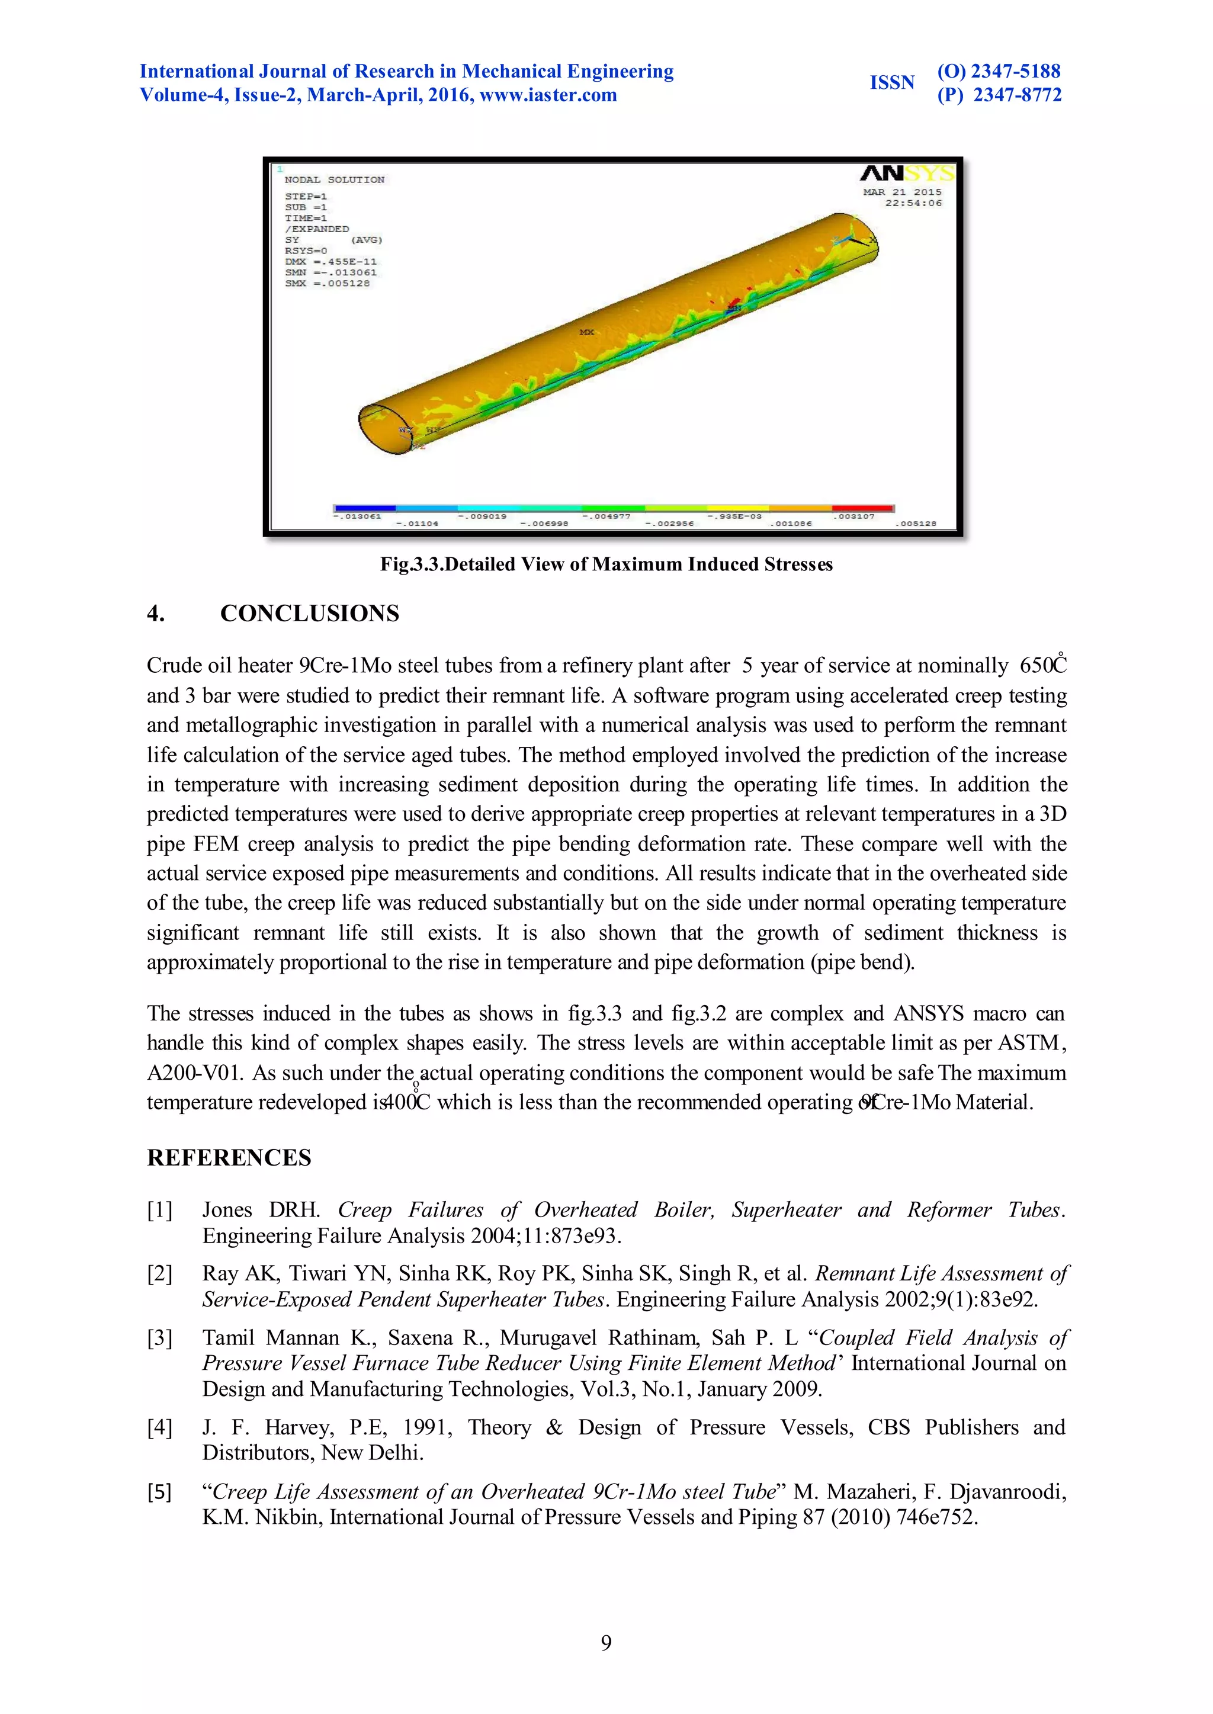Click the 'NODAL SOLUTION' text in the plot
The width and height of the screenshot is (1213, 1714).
334,180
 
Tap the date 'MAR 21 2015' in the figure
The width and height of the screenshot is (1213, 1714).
902,192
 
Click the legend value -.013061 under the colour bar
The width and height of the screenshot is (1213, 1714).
357,516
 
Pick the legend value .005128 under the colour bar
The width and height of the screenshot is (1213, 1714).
915,524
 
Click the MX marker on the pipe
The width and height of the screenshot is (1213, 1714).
587,332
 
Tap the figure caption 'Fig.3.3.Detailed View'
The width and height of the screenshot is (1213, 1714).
606,564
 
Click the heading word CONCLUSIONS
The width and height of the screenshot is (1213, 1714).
309,614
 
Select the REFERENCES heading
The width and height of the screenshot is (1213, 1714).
229,1158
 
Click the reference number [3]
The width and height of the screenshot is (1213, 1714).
159,1337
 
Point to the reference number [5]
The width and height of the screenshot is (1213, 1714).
159,1491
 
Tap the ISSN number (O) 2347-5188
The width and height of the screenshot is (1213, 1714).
999,72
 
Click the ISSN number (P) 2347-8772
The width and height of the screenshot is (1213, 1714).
999,95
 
